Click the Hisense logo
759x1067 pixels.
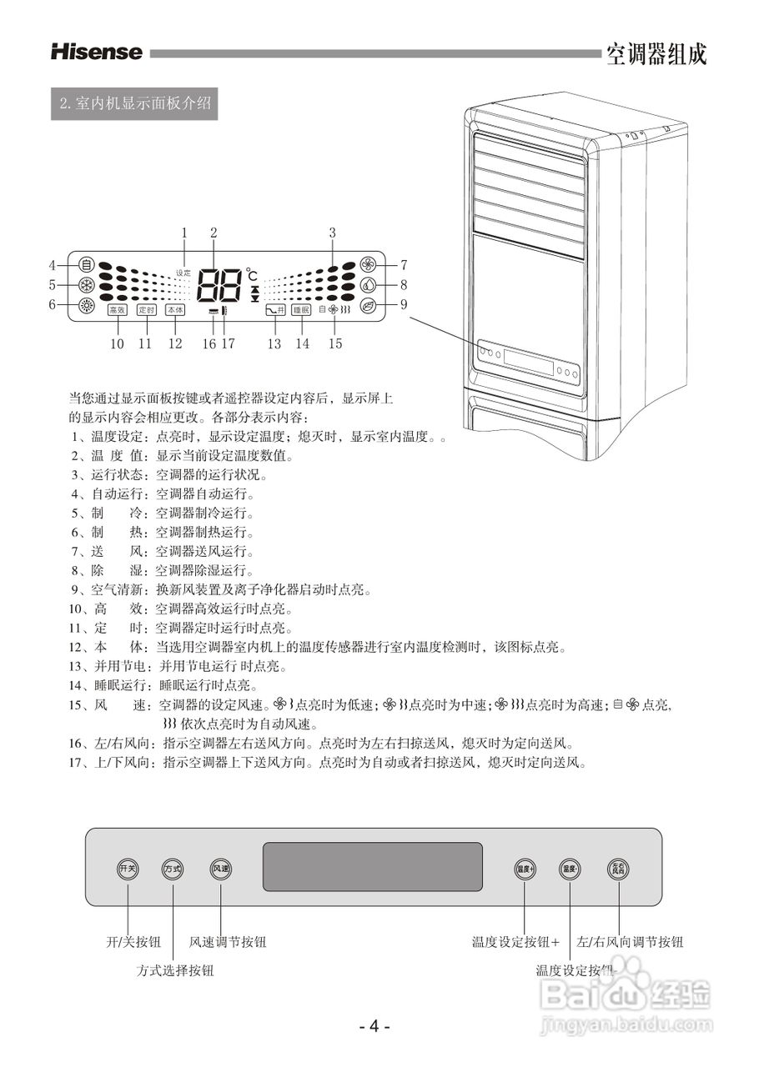[x=97, y=53]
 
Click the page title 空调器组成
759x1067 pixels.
[x=656, y=54]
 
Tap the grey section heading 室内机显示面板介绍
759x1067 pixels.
[x=134, y=104]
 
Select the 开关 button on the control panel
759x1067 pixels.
[x=128, y=869]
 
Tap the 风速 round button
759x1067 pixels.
[x=221, y=869]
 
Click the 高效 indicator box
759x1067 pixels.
[x=117, y=310]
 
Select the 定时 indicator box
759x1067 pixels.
[x=146, y=310]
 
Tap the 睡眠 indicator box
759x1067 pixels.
[x=301, y=310]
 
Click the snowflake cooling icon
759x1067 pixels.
[x=85, y=284]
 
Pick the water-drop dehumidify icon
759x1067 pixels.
[x=368, y=284]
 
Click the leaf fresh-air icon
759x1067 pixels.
[x=368, y=304]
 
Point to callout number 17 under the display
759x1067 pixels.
[x=228, y=343]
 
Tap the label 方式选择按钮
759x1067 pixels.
[x=175, y=970]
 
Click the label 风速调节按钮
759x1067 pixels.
[x=228, y=942]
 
